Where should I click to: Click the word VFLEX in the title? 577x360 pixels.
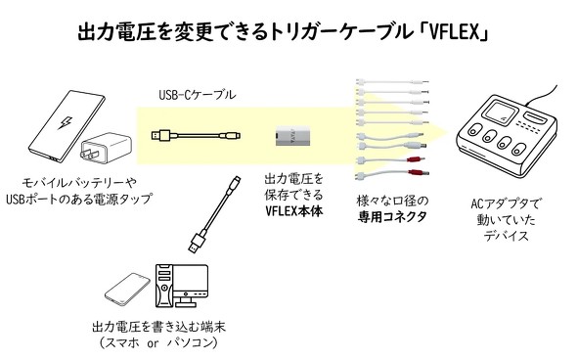click(x=456, y=32)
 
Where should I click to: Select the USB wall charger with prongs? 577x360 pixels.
click(x=105, y=151)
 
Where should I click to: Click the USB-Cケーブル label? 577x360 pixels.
click(x=198, y=95)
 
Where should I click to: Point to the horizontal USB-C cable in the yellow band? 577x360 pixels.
click(x=196, y=135)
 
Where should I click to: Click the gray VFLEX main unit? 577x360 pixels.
click(x=292, y=135)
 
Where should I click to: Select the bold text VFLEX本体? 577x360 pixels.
click(x=293, y=211)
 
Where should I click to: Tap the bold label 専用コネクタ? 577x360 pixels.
click(x=392, y=217)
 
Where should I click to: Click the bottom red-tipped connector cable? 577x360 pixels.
click(x=392, y=173)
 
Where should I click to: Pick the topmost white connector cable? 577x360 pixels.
click(x=392, y=82)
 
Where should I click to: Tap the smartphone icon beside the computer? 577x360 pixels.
click(x=127, y=290)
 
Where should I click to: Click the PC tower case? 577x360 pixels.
click(x=163, y=286)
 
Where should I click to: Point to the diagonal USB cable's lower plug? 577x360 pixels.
click(x=198, y=241)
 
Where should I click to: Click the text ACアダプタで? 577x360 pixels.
click(x=507, y=203)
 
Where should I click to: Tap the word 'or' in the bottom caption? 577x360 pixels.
click(x=153, y=343)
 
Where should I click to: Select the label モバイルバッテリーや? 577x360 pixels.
click(x=79, y=183)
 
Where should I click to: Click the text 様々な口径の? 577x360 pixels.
click(x=392, y=201)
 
